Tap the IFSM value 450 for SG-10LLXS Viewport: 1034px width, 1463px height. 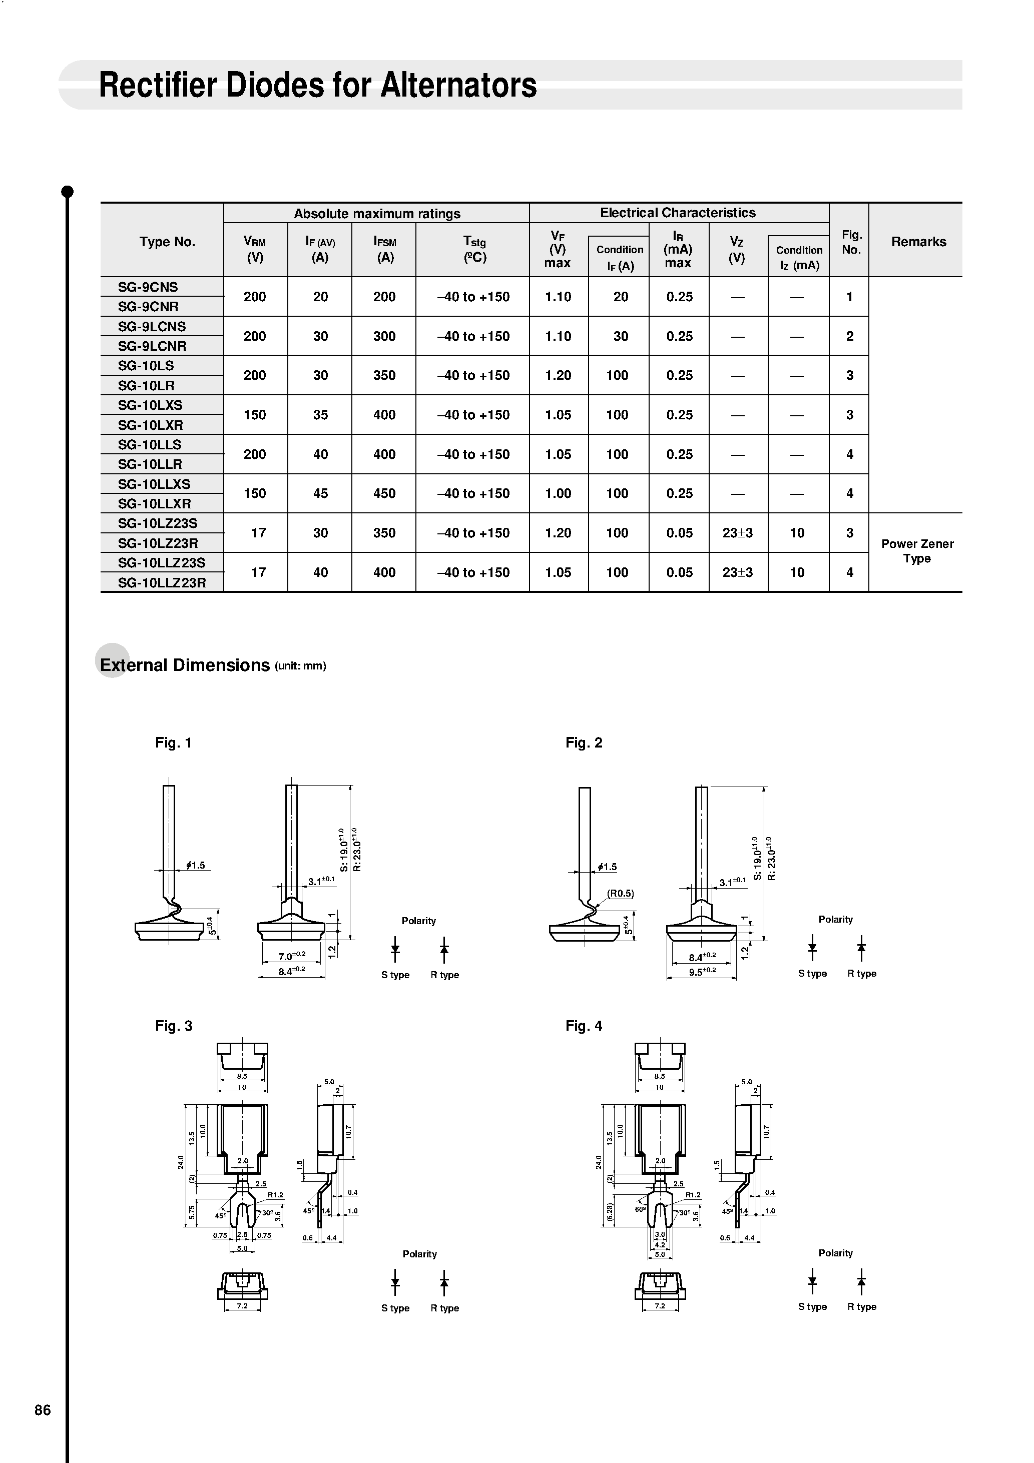click(x=384, y=494)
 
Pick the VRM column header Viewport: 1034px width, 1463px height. click(x=254, y=249)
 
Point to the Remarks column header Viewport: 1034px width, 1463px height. click(x=918, y=242)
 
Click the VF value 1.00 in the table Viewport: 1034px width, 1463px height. click(x=558, y=494)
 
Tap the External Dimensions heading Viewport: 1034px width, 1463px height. click(x=185, y=665)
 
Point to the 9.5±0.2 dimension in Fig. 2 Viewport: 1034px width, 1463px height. click(x=702, y=971)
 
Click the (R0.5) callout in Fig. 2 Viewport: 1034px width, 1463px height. click(x=620, y=893)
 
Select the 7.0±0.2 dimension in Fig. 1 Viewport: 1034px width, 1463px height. click(x=292, y=956)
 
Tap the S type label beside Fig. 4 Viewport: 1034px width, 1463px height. click(x=812, y=1307)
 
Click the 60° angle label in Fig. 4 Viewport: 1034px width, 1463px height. click(x=640, y=1209)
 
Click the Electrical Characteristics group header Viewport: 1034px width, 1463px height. click(x=678, y=213)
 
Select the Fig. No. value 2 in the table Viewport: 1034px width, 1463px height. click(x=849, y=336)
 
